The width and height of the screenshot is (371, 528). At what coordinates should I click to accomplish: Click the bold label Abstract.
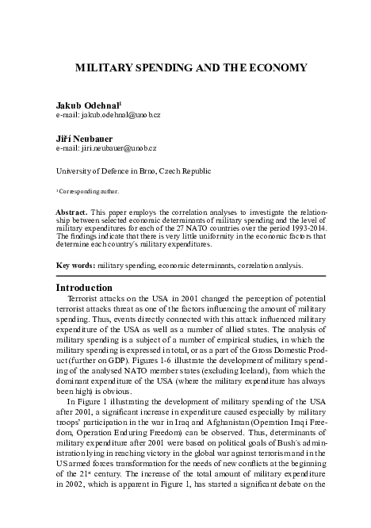[71, 213]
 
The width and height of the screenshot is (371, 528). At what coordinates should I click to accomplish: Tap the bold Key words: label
[75, 266]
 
